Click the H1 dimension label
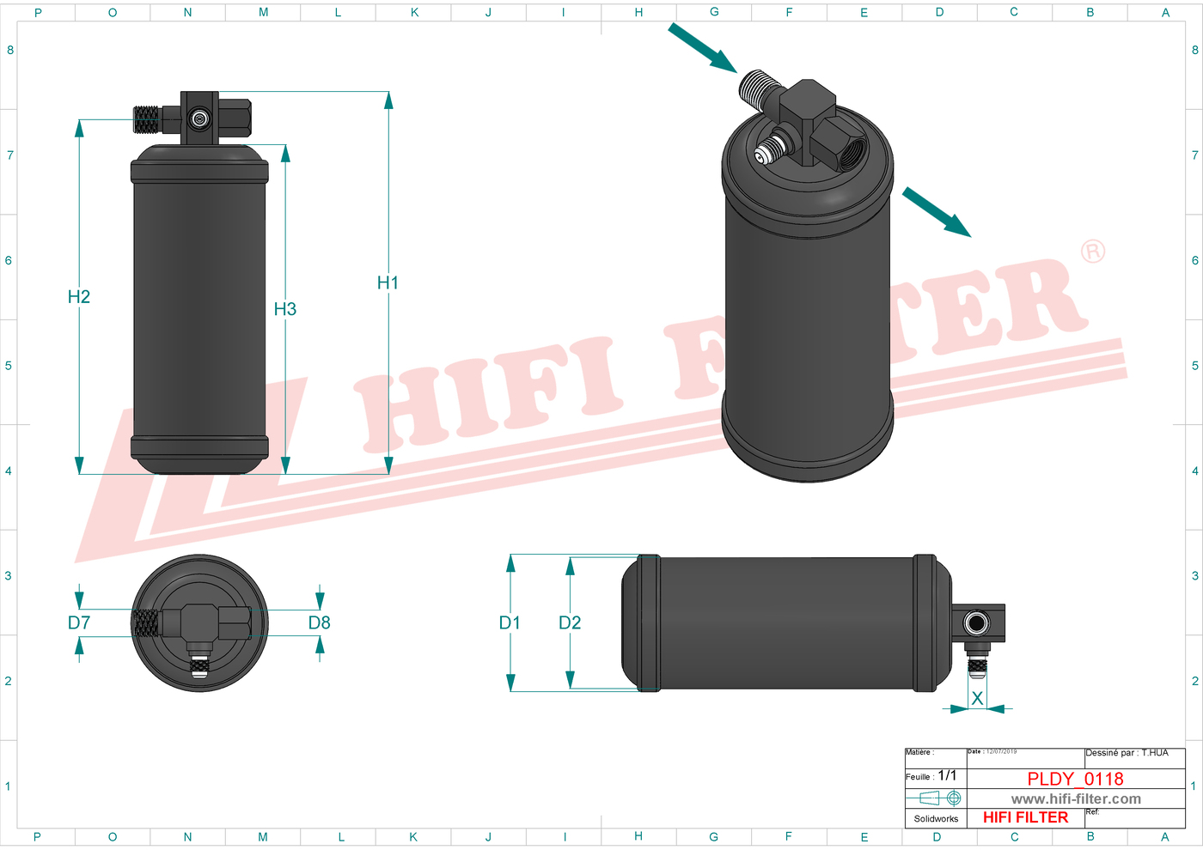(388, 282)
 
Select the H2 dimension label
(79, 296)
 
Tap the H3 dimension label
(284, 309)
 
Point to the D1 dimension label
(510, 622)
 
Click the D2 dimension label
(570, 622)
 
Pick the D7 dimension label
(79, 622)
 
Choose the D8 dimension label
(320, 622)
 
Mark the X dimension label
(977, 699)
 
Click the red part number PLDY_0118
(1075, 779)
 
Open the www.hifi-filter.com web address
(1076, 798)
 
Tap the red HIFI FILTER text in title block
(1025, 817)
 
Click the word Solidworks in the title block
(936, 818)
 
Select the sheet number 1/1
(947, 775)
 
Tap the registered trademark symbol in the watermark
(1093, 252)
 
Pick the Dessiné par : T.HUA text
(1127, 753)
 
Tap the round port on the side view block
(976, 622)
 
